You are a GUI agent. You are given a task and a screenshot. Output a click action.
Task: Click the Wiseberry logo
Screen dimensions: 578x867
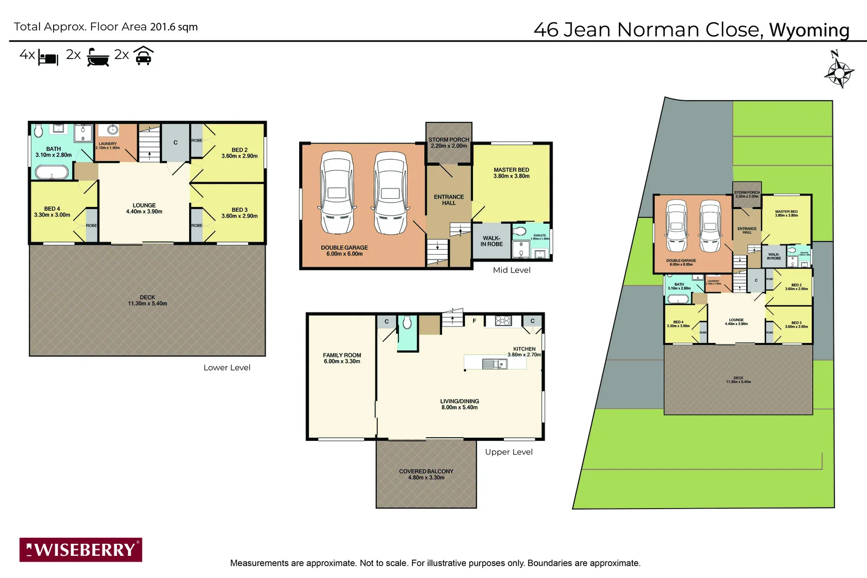point(81,550)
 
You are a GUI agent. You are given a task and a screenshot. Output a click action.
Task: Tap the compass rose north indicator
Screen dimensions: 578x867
point(839,70)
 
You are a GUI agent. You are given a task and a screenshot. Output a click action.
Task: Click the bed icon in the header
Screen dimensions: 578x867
point(48,58)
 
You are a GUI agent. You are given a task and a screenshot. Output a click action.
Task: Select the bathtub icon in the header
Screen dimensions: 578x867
point(98,57)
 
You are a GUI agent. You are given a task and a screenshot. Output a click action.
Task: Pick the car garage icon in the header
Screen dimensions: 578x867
point(144,56)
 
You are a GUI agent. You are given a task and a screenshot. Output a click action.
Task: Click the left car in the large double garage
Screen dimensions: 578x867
point(337,192)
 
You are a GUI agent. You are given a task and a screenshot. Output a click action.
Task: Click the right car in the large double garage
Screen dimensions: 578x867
point(390,192)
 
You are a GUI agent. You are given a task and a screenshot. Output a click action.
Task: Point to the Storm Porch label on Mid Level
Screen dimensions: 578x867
point(449,142)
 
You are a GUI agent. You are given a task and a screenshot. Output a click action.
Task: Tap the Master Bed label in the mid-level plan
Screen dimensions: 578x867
point(511,173)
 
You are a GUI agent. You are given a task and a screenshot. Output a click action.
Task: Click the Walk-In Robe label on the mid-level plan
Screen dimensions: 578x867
point(491,241)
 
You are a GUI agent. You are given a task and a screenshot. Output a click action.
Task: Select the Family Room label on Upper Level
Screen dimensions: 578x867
point(342,358)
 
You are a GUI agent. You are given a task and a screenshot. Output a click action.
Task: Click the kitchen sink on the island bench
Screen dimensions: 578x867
point(494,364)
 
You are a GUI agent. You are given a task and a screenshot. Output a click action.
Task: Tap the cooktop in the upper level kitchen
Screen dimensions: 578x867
point(503,321)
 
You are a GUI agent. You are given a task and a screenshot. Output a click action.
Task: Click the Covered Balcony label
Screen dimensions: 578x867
point(426,475)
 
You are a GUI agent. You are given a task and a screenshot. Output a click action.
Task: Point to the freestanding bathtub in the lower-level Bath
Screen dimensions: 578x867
point(52,173)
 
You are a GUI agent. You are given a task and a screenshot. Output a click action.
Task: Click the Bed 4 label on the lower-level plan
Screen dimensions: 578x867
point(52,212)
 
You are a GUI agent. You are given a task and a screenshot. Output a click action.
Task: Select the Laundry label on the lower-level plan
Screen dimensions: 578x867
point(108,145)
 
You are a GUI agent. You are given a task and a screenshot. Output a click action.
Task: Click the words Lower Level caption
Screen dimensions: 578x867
point(227,367)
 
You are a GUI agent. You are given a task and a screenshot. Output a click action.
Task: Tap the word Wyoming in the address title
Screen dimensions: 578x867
point(809,30)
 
